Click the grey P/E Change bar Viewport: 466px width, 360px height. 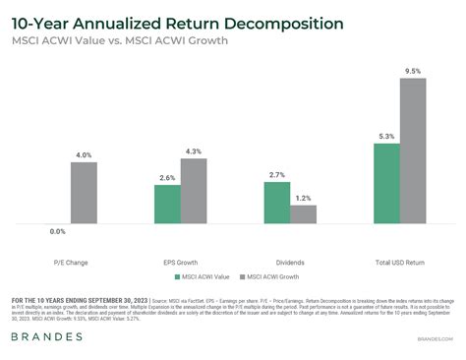click(85, 193)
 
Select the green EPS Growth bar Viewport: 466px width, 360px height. click(167, 204)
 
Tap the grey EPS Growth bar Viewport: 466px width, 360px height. click(194, 191)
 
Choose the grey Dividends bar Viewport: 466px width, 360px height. click(304, 214)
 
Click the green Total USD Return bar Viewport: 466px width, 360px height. click(387, 183)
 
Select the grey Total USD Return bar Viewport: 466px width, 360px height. click(414, 150)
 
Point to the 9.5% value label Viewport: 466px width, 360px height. click(414, 71)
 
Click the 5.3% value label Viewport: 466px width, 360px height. click(387, 137)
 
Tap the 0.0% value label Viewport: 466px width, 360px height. click(58, 231)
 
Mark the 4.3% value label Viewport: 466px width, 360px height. click(194, 151)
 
